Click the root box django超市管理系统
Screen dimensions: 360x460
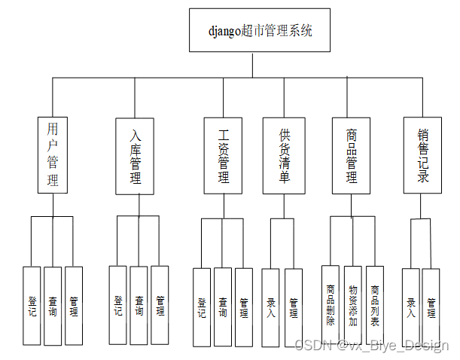260,30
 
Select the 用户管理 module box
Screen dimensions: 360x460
52,154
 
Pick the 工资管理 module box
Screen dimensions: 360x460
224,156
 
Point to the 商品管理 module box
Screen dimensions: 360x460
352,156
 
